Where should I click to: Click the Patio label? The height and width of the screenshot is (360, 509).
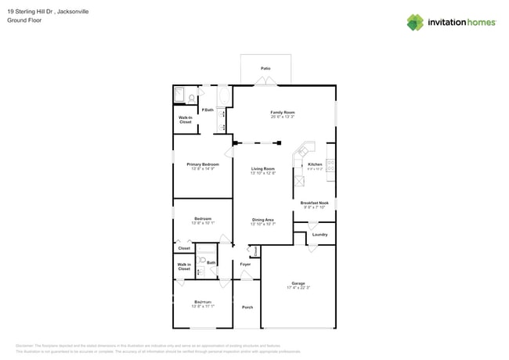click(265, 68)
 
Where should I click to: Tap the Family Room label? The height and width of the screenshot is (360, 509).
click(282, 113)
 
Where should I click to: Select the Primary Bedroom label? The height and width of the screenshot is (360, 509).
click(202, 164)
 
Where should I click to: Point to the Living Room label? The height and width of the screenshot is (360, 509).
click(262, 169)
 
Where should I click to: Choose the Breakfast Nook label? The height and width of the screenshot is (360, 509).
click(315, 203)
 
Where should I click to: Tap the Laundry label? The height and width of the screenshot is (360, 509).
click(319, 234)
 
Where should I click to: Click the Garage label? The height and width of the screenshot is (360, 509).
click(298, 283)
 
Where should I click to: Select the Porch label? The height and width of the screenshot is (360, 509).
click(247, 307)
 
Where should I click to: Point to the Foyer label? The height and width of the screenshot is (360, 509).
click(245, 265)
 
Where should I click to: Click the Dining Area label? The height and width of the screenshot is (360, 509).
click(262, 220)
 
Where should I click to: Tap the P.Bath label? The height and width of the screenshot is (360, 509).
click(208, 110)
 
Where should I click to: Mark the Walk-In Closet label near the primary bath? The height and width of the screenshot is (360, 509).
click(186, 120)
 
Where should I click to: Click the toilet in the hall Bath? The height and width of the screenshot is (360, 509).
click(201, 261)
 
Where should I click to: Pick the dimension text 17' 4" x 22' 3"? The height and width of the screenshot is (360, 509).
click(298, 288)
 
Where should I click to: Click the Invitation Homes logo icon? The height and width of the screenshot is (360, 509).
click(415, 23)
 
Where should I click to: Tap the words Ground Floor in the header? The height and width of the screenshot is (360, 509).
click(23, 20)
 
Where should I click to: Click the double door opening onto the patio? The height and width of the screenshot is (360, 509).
click(265, 85)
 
